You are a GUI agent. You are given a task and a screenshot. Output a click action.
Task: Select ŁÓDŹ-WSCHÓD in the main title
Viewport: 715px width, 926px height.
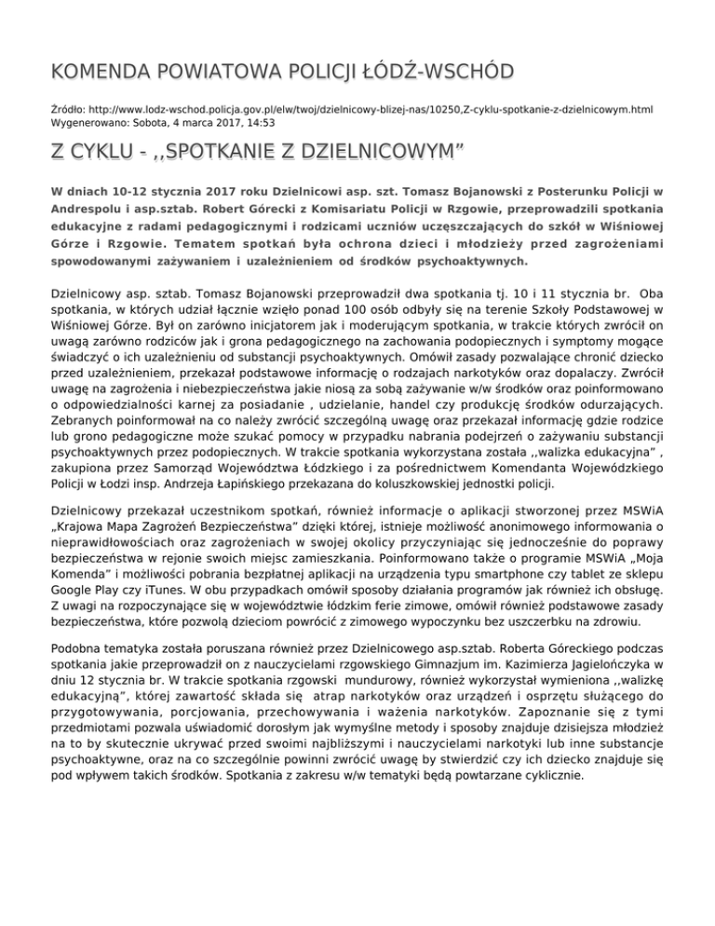point(434,72)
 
